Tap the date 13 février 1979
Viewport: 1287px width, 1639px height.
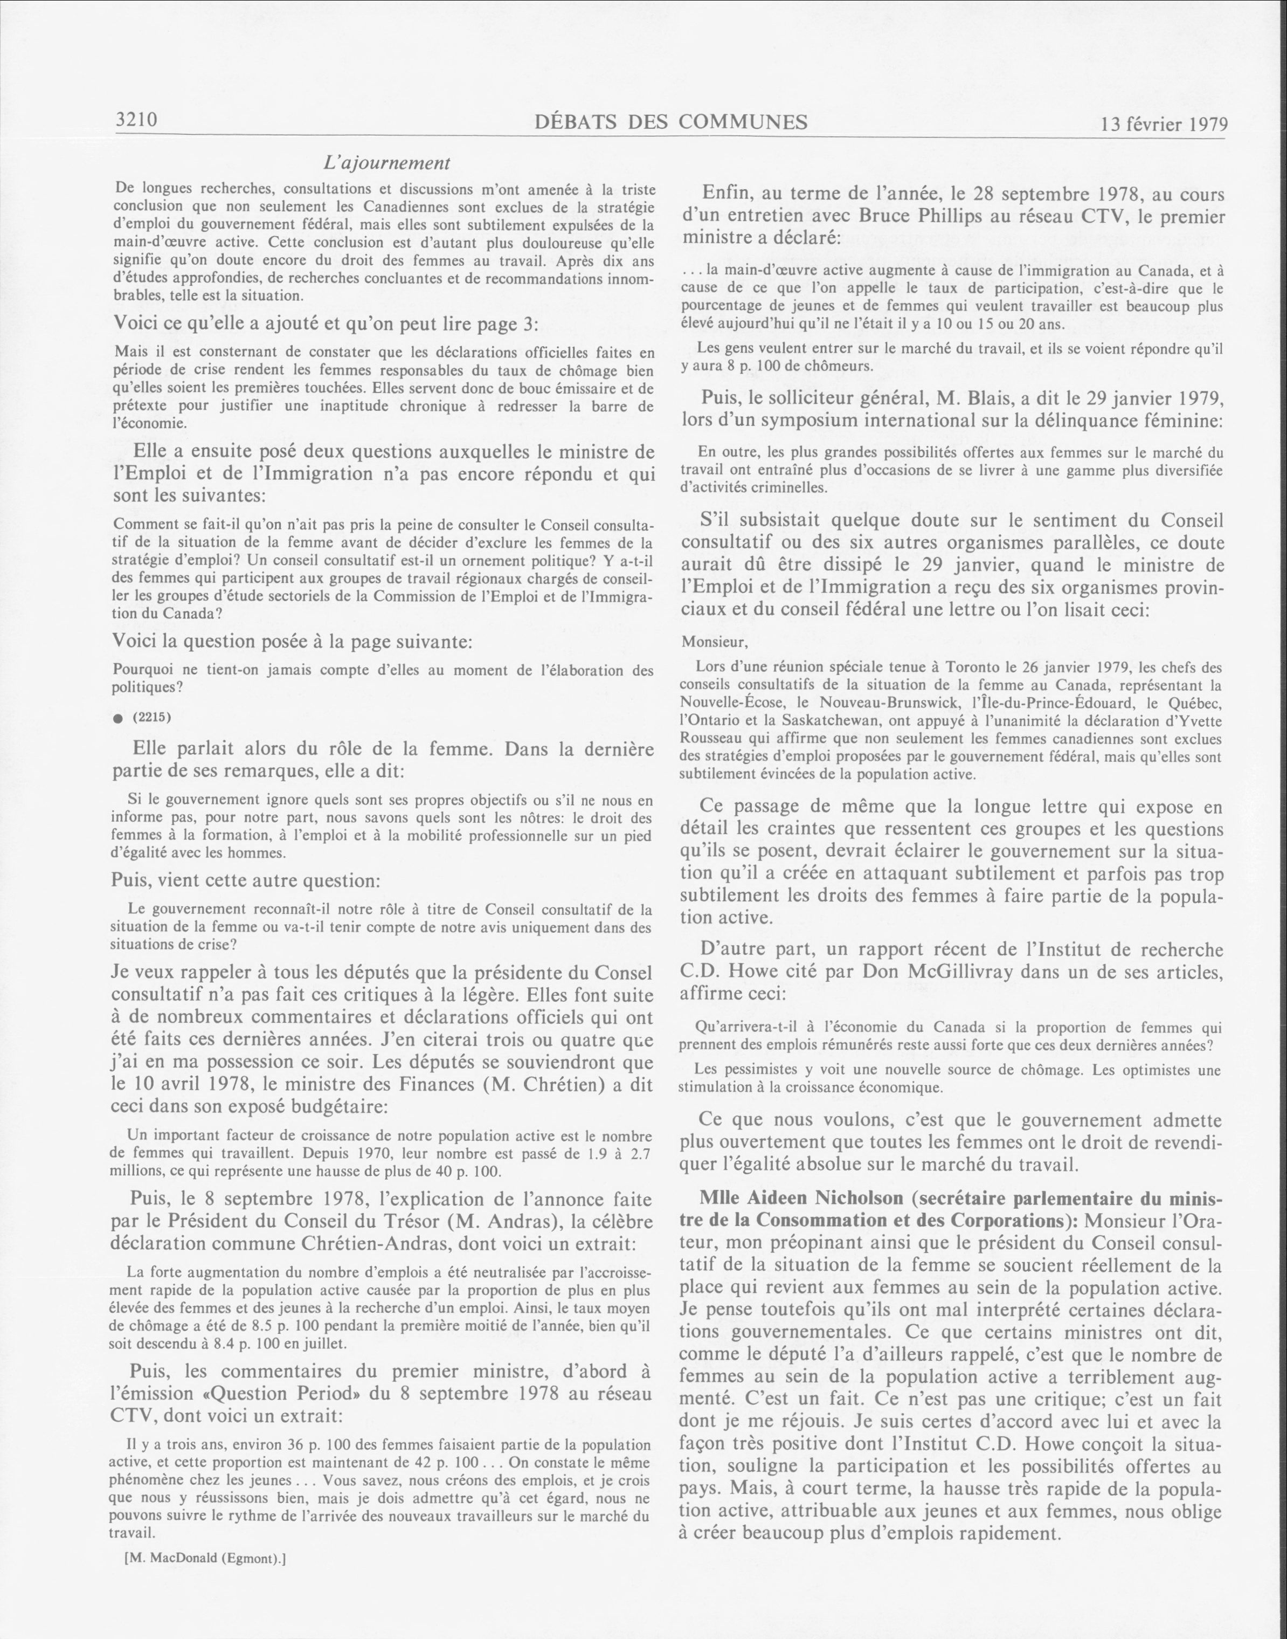click(x=1164, y=123)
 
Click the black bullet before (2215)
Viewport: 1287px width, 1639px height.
click(x=117, y=719)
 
